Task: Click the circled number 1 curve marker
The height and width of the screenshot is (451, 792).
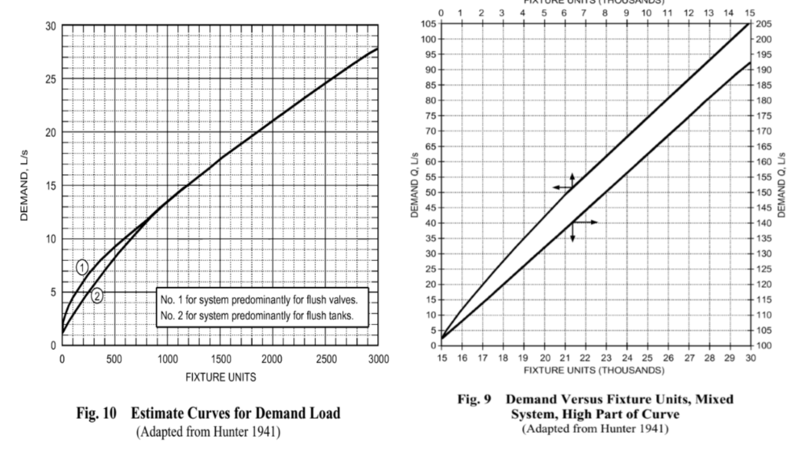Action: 83,267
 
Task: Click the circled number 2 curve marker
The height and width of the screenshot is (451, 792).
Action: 97,295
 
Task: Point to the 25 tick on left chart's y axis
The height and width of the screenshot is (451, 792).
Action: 51,79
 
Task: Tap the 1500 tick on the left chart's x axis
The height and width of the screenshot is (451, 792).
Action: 220,358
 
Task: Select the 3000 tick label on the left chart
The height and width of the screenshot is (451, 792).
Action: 378,358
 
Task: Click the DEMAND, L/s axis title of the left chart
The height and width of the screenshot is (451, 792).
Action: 25,187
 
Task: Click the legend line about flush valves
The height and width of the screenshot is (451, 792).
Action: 259,300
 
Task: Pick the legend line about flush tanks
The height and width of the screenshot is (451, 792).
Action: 257,315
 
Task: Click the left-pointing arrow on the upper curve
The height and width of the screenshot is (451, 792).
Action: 559,188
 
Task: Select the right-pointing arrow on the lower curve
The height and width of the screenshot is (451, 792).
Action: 590,222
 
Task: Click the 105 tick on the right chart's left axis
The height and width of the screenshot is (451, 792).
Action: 426,24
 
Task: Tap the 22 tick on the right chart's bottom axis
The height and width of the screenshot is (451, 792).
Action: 585,359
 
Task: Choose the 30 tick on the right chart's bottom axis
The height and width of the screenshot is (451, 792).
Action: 750,359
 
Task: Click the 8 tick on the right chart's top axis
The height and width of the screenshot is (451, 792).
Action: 605,13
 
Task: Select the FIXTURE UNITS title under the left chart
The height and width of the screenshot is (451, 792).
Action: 220,377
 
